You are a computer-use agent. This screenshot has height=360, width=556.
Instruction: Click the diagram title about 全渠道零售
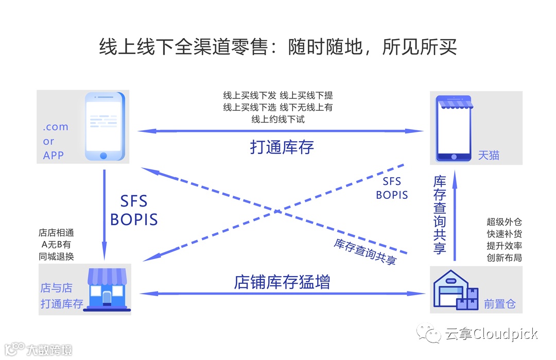278,47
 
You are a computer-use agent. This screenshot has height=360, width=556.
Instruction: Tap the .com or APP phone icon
105,127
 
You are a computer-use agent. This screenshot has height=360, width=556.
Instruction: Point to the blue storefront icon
107,289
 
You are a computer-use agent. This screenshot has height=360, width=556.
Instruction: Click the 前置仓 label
499,304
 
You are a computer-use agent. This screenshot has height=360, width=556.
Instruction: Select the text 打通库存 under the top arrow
282,147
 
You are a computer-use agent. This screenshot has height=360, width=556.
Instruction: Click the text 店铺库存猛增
282,282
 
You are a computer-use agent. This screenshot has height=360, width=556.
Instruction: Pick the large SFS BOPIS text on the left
134,210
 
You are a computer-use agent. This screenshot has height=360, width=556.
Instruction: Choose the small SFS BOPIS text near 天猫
392,188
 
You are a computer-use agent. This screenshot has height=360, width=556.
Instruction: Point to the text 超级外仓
504,222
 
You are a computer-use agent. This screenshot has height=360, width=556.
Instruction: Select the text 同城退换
56,256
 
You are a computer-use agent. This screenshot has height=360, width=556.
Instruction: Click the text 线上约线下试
278,119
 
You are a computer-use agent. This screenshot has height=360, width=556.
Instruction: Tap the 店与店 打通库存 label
61,296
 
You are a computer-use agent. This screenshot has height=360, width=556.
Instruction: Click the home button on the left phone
104,155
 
